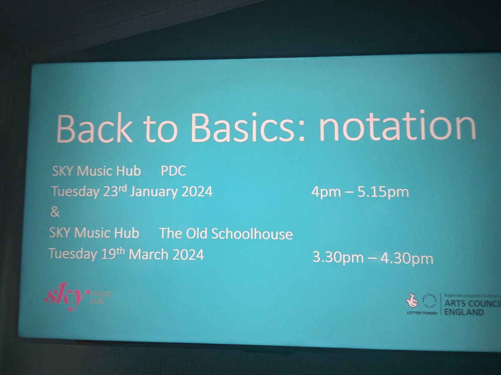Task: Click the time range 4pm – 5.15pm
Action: click(359, 193)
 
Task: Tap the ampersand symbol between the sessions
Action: click(55, 212)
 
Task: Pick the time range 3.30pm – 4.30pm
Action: click(373, 258)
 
